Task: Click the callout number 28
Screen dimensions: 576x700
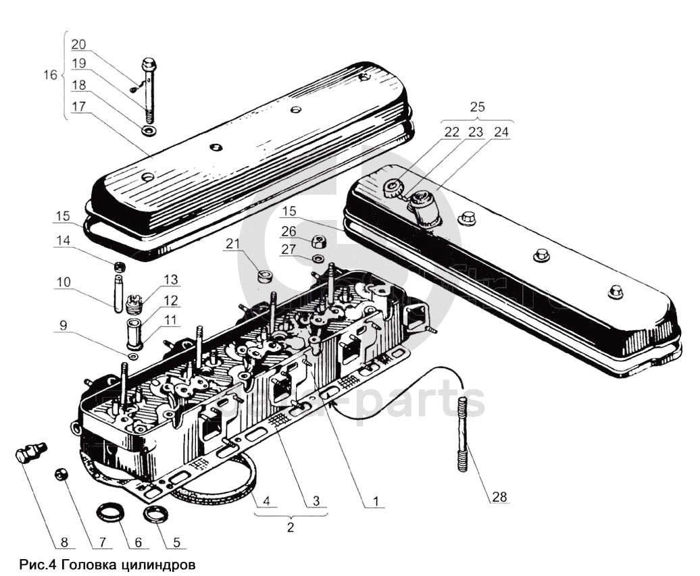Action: coord(499,497)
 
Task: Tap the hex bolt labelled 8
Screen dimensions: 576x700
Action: coord(28,452)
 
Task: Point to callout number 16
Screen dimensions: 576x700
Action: coord(49,74)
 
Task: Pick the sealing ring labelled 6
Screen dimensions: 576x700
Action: coord(112,512)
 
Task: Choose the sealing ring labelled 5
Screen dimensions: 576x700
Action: coord(157,515)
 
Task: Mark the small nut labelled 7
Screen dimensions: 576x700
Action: coord(60,475)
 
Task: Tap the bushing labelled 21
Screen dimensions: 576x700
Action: coord(264,276)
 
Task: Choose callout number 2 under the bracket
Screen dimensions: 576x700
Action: coord(290,528)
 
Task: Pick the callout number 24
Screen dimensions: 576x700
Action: coord(502,133)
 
